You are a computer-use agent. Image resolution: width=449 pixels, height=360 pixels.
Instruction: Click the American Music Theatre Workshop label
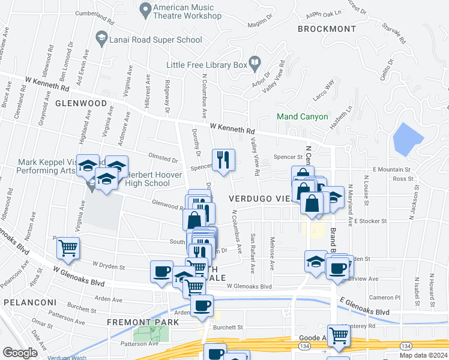click(x=187, y=11)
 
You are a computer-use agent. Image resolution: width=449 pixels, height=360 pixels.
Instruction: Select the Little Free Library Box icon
click(x=255, y=62)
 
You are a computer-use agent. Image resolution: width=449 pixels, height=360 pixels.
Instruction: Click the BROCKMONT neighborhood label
click(x=322, y=28)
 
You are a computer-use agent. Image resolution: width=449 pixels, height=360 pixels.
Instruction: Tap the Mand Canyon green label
click(x=302, y=116)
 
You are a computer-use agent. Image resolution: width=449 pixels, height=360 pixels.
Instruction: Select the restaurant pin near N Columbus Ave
click(x=223, y=160)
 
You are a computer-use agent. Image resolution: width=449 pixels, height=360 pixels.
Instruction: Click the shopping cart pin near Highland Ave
click(x=68, y=247)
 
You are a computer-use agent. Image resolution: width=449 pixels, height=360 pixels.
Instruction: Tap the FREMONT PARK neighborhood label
click(x=143, y=322)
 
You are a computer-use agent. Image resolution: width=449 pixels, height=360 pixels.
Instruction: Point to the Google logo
click(x=20, y=353)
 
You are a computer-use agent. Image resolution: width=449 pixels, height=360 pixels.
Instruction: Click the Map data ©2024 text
click(x=423, y=355)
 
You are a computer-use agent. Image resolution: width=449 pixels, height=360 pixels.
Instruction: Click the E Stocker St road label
click(x=370, y=221)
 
